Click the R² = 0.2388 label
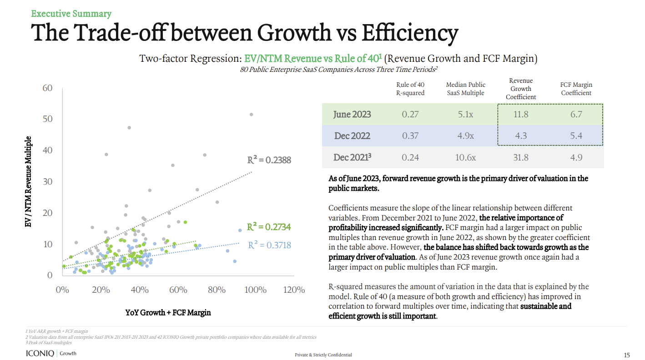[x=269, y=160]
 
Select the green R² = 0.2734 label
[x=269, y=227]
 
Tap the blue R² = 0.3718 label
[x=269, y=245]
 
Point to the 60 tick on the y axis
[x=48, y=88]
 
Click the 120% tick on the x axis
[x=293, y=290]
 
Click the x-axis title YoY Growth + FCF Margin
[x=168, y=313]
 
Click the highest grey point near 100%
[x=251, y=115]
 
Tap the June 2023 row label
[x=352, y=114]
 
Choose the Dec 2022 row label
[x=352, y=135]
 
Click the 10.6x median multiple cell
[x=465, y=157]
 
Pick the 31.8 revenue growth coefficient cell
[x=520, y=157]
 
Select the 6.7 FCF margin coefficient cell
[x=576, y=114]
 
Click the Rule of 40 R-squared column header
[x=410, y=89]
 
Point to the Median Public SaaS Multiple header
[x=465, y=89]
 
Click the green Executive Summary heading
[x=71, y=14]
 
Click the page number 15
[x=626, y=355]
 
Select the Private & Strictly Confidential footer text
[x=323, y=355]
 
